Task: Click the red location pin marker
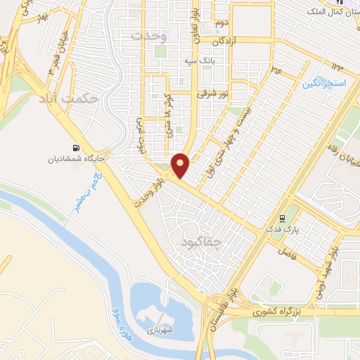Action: [x=181, y=165]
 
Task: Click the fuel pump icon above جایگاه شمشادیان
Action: [x=76, y=148]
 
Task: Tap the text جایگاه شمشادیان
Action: [x=76, y=159]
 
